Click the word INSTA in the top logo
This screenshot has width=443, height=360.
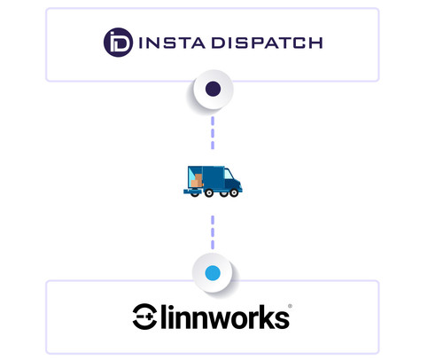pyautogui.click(x=167, y=43)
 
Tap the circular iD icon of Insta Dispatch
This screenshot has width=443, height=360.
pyautogui.click(x=117, y=43)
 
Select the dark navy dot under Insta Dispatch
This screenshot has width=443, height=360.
pyautogui.click(x=213, y=89)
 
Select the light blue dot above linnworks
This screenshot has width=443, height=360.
pyautogui.click(x=213, y=275)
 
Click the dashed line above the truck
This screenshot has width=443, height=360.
pyautogui.click(x=213, y=133)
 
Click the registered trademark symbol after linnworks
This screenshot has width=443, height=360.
pyautogui.click(x=290, y=307)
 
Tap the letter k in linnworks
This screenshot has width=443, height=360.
pyautogui.click(x=264, y=316)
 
